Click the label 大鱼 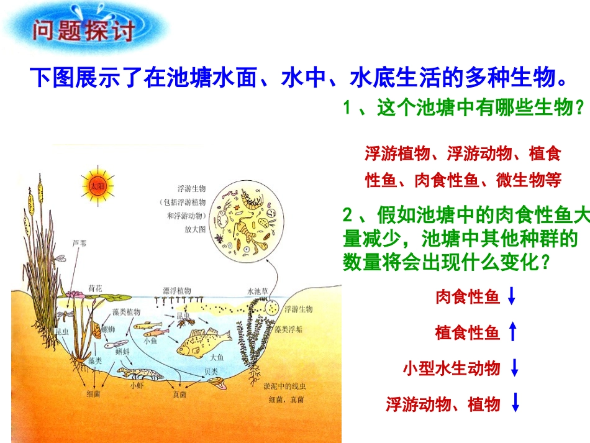[217, 357]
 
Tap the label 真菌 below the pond [179, 393]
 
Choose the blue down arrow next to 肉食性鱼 [512, 297]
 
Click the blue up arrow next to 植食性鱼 [512, 333]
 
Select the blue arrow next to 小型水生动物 [514, 368]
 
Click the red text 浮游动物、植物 [443, 404]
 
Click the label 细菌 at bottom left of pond [94, 393]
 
